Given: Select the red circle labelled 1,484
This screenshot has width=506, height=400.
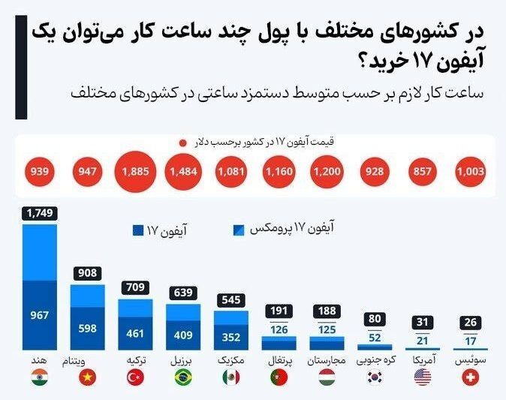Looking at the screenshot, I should pyautogui.click(x=182, y=173).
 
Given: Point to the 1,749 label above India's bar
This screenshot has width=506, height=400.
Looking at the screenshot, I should pyautogui.click(x=40, y=214).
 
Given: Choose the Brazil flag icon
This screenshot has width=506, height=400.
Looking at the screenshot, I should pyautogui.click(x=183, y=378).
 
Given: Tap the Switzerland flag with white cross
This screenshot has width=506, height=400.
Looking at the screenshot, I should pyautogui.click(x=471, y=378).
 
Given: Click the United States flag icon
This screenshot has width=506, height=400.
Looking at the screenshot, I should pyautogui.click(x=423, y=378).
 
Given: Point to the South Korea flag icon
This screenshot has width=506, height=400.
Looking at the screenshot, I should pyautogui.click(x=374, y=378).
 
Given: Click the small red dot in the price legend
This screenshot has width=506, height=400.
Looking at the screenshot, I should pyautogui.click(x=182, y=142).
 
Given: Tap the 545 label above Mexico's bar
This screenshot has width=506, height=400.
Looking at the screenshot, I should pyautogui.click(x=231, y=299).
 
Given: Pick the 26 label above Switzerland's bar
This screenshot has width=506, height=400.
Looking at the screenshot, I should pyautogui.click(x=471, y=323).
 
